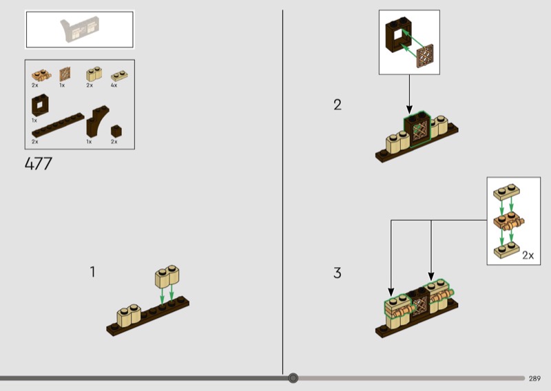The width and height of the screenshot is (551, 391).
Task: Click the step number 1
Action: [x=92, y=271]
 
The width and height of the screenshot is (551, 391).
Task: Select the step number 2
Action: [x=337, y=105]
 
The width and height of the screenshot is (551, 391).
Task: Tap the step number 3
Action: [x=337, y=273]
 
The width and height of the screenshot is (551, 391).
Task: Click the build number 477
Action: [x=39, y=164]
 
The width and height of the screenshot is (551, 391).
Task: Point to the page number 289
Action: [x=534, y=379]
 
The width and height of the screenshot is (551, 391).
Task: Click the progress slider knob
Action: [x=293, y=378]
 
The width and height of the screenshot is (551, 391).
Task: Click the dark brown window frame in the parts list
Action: [x=40, y=105]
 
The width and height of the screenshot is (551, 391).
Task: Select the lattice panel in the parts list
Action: [x=65, y=74]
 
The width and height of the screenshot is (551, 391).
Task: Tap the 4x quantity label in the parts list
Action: [x=114, y=85]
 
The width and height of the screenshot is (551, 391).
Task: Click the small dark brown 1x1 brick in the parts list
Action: [x=116, y=131]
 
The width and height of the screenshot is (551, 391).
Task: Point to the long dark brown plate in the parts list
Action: [x=58, y=125]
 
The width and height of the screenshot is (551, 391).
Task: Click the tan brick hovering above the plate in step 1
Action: [x=167, y=275]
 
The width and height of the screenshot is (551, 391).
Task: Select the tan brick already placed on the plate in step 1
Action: [x=129, y=314]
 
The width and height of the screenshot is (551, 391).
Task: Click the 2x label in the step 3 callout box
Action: [x=528, y=255]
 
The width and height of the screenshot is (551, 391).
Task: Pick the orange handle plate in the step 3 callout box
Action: [x=508, y=222]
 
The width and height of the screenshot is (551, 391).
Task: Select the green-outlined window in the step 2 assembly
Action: [x=417, y=129]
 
